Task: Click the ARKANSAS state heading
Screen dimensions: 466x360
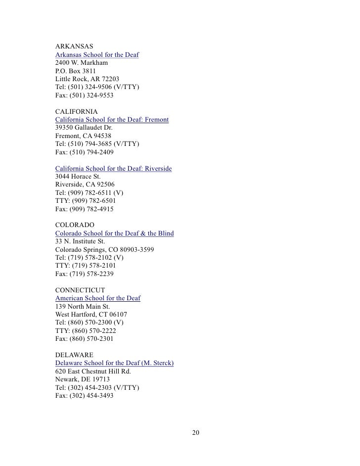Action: (x=74, y=47)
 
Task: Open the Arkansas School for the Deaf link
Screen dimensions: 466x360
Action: (x=97, y=54)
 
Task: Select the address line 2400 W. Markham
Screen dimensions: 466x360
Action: (x=82, y=63)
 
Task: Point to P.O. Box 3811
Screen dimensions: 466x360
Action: (x=76, y=71)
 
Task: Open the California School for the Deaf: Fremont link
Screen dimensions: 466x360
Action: (x=112, y=120)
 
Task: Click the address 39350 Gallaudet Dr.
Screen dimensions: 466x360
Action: (x=84, y=128)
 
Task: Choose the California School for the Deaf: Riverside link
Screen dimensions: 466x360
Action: (x=114, y=169)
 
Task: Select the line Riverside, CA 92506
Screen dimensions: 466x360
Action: (x=85, y=185)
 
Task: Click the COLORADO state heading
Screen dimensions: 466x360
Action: (x=75, y=225)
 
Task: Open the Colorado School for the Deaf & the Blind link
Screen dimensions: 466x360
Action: (x=115, y=233)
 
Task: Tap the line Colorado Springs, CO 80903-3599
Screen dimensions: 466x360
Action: (x=105, y=249)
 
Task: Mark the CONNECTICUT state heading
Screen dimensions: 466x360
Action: (x=80, y=290)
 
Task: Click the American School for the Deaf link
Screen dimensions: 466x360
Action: (x=98, y=298)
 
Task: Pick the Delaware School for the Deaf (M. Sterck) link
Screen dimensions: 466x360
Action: (x=115, y=363)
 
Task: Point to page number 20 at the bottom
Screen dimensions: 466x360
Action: (x=196, y=433)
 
